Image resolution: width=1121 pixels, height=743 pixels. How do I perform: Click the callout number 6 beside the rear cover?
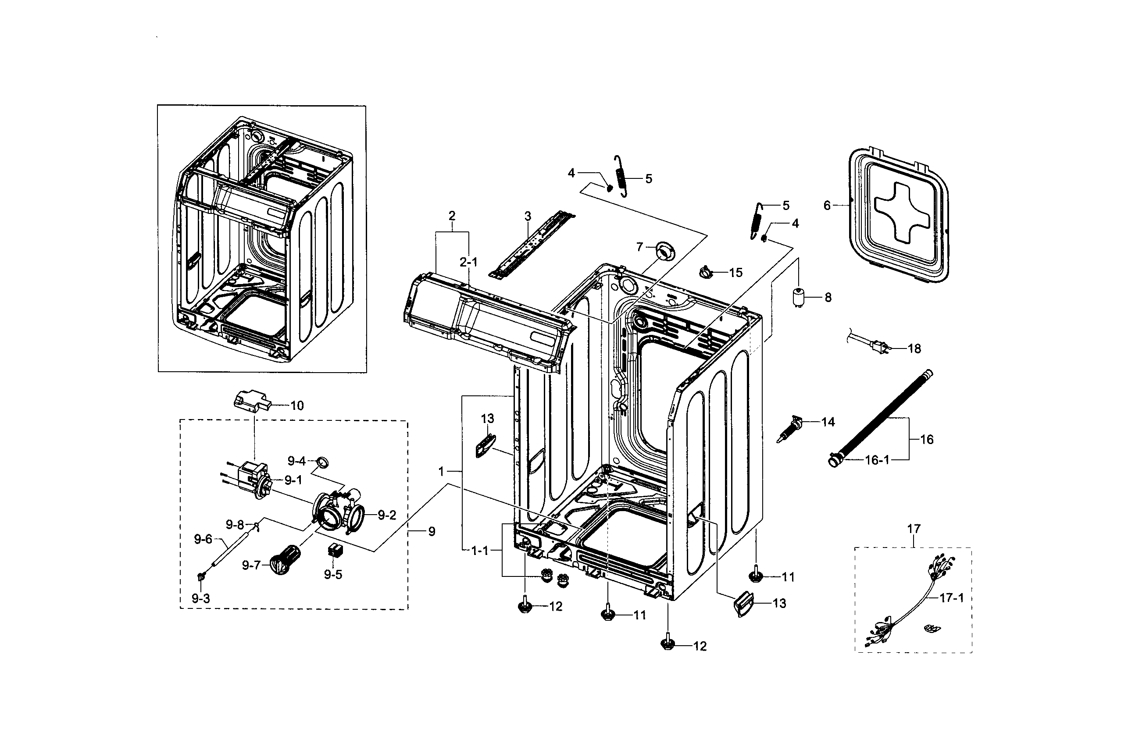(827, 206)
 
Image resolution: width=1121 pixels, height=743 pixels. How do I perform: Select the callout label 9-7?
(251, 565)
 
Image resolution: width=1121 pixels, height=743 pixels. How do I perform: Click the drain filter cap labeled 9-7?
(284, 559)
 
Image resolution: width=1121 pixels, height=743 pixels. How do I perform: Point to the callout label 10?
(297, 405)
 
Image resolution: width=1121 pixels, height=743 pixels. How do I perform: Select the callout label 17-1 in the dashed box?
(952, 598)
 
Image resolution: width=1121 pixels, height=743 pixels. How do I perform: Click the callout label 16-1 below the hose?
(877, 460)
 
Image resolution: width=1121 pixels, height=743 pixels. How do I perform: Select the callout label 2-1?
(468, 262)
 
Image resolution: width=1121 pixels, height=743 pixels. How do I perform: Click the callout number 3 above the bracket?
(528, 216)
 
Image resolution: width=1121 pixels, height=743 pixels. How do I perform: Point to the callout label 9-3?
(200, 598)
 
